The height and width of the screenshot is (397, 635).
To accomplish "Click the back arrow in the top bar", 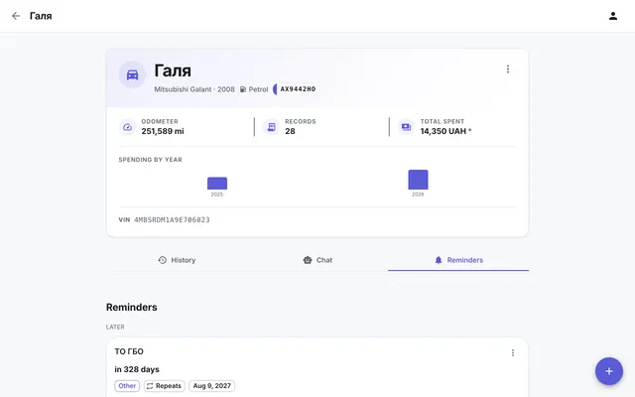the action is (x=16, y=16).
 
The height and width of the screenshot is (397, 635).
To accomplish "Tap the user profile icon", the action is (x=613, y=16).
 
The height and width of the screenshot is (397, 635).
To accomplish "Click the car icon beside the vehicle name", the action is (x=132, y=74).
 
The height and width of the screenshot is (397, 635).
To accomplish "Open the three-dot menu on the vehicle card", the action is (x=508, y=69).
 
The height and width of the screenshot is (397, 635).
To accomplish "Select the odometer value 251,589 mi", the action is (x=163, y=131).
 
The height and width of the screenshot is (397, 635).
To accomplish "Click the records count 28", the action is (x=290, y=131).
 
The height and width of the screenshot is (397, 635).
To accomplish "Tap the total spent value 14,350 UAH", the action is (x=444, y=131).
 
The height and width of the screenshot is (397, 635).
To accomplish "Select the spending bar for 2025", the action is (x=217, y=183).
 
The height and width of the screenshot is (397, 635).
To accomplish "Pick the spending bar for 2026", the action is (x=418, y=180).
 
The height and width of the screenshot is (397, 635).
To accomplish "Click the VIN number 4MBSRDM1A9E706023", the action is (x=172, y=219).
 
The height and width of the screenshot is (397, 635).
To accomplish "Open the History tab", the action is (x=177, y=260).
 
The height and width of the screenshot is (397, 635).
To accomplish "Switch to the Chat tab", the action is (x=317, y=260).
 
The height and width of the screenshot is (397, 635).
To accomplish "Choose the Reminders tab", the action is (x=458, y=260).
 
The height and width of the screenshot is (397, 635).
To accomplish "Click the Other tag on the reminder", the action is (x=127, y=386).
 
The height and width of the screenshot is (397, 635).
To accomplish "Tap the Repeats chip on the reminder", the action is (x=165, y=386).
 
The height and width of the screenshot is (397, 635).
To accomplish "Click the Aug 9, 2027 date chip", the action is (x=211, y=386).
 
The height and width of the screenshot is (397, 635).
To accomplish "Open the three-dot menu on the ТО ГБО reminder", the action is (x=513, y=353).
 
